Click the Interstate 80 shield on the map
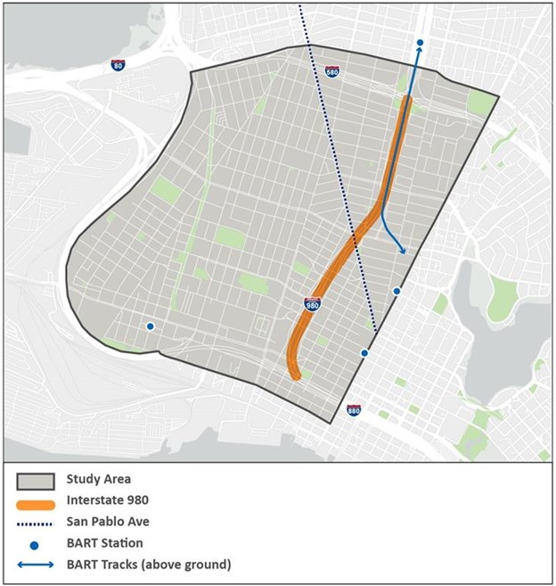(118, 66)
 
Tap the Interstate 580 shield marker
(331, 71)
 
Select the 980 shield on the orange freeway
(312, 305)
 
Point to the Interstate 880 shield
(354, 410)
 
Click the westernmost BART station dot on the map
(150, 326)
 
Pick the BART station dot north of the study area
(420, 43)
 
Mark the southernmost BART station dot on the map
(364, 354)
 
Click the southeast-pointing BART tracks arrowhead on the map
(403, 252)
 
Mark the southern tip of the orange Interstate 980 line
(296, 376)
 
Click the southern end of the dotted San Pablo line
(376, 332)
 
